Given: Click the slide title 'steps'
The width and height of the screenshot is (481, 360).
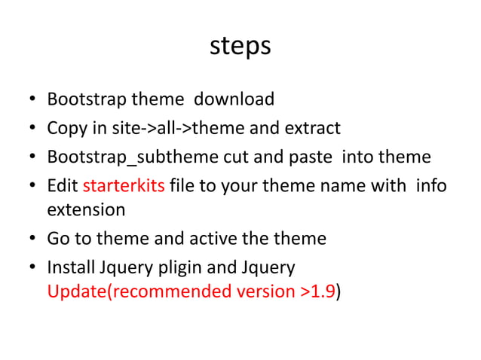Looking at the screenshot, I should click(240, 46).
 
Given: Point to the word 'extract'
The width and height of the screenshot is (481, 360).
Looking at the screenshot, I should click(312, 128).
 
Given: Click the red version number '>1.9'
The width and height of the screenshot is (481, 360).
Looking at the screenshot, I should click(317, 291).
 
